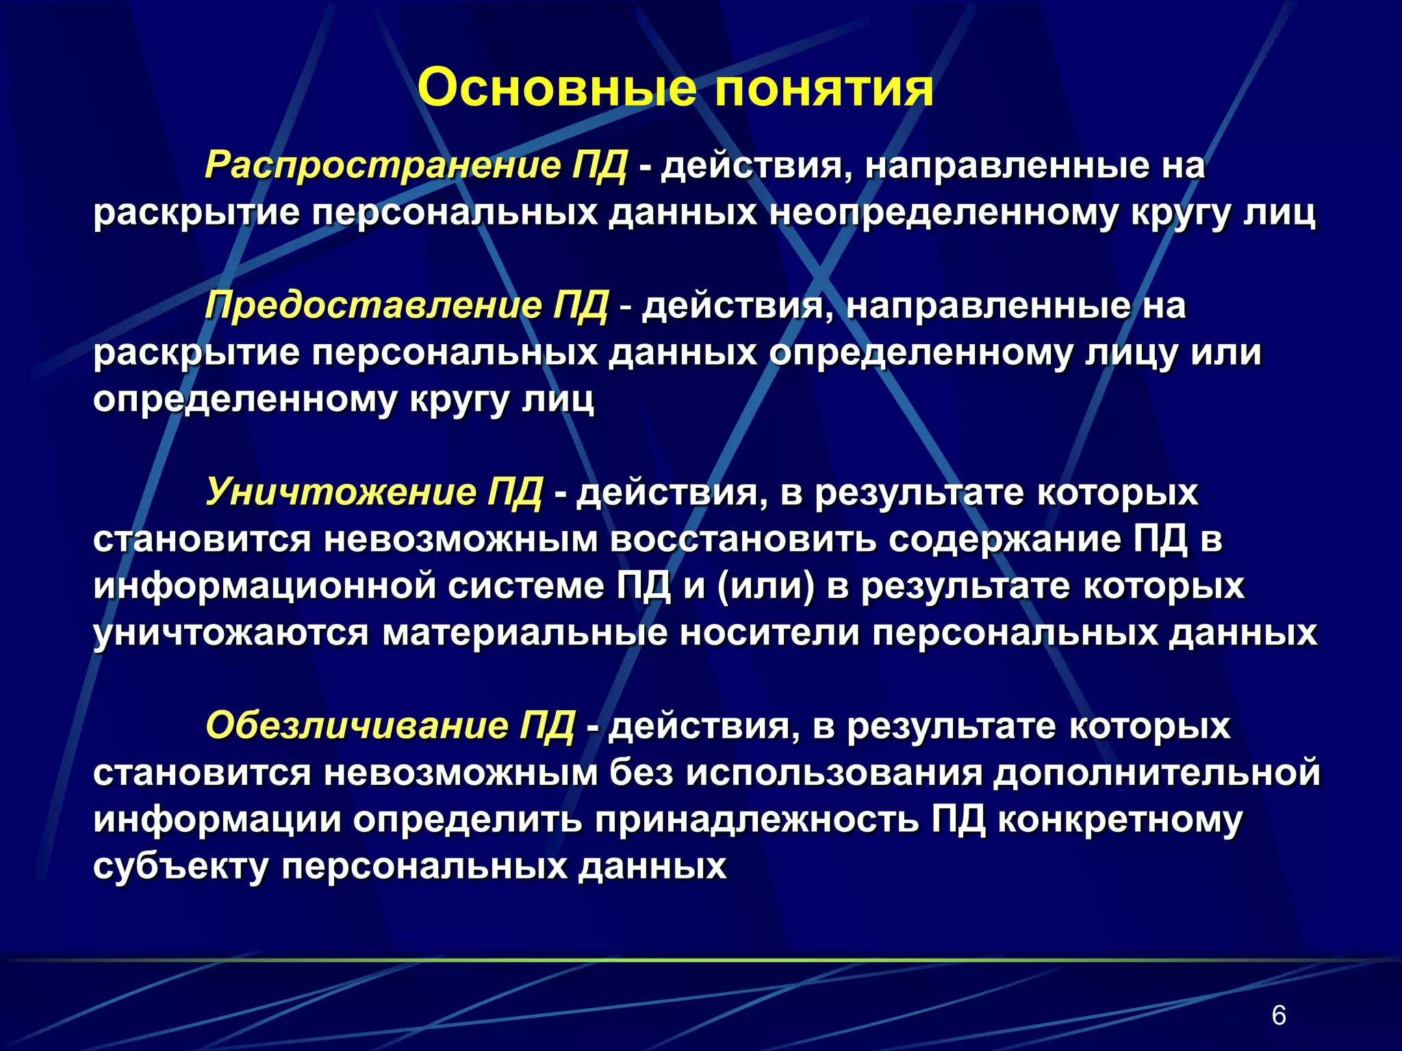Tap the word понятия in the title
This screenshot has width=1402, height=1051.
[824, 89]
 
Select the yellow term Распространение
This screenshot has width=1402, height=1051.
[383, 166]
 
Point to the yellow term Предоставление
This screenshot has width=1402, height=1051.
[373, 305]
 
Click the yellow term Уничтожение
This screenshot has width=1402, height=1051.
[341, 492]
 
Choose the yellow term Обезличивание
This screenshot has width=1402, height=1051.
[357, 725]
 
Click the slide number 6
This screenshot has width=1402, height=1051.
[1278, 1015]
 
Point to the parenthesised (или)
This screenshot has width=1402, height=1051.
[766, 586]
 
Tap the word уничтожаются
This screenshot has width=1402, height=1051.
[231, 633]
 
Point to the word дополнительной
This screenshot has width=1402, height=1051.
[1156, 773]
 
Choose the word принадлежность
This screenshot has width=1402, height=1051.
[756, 820]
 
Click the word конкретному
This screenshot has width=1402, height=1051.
[1120, 820]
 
